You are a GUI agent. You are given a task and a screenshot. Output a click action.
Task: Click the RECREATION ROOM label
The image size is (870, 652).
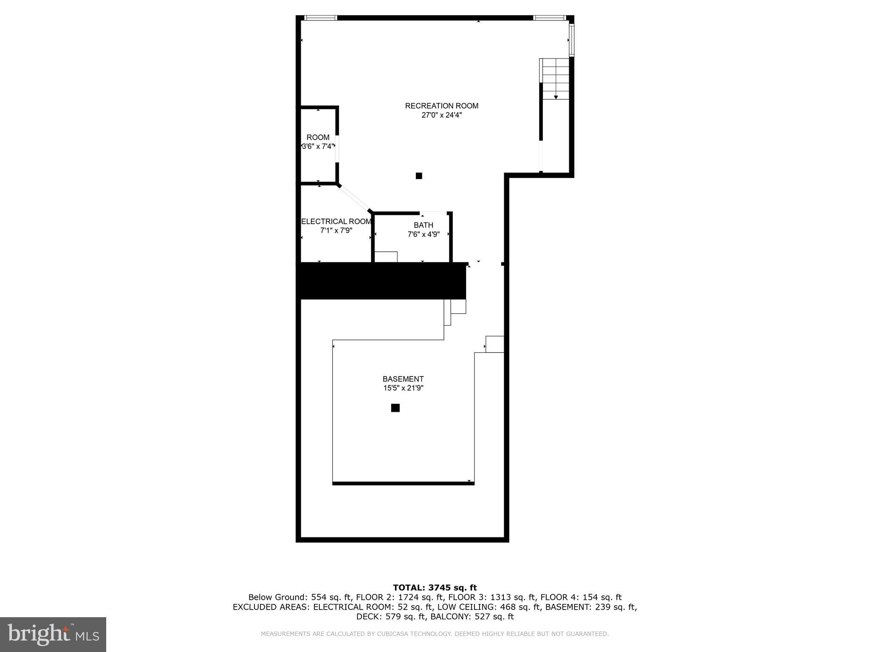[441, 106]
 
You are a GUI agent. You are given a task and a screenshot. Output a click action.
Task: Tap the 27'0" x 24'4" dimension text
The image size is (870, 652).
[441, 115]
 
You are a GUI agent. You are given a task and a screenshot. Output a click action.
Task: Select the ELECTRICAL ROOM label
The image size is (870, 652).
[336, 222]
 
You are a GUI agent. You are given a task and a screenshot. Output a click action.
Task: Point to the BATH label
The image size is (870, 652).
[424, 225]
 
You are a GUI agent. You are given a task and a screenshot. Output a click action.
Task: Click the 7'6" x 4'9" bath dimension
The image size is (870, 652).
[424, 234]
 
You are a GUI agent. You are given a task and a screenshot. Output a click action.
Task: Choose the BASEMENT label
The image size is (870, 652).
[403, 379]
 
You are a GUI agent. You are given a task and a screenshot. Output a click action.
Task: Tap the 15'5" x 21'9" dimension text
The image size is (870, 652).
[403, 388]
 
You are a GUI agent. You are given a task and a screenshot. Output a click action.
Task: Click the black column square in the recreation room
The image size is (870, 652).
[419, 176]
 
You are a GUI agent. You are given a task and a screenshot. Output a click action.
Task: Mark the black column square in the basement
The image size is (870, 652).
[395, 408]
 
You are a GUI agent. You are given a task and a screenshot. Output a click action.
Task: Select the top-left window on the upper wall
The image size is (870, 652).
[321, 18]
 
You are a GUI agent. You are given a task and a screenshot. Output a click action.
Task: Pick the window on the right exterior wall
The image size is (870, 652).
[572, 40]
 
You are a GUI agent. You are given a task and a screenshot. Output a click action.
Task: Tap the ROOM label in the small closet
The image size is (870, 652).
[318, 138]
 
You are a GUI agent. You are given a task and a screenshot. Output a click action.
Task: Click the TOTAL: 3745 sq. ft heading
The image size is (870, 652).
[435, 588]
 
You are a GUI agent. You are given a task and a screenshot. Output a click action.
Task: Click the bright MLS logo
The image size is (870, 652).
[53, 634]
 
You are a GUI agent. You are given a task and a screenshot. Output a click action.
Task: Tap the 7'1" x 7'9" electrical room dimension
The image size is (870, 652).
[336, 230]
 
